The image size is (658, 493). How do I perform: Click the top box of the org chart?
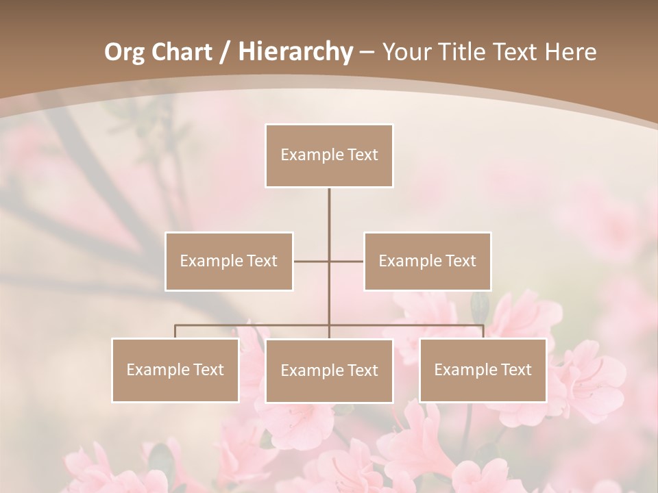329,155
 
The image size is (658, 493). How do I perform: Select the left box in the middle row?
229,261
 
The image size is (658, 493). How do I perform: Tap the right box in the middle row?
427,261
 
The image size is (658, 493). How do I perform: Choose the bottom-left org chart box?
175,370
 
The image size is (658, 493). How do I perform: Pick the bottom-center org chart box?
329,370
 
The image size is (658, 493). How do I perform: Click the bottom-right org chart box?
483,370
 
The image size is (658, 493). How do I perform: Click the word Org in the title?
124,52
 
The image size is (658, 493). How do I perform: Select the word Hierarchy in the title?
295,52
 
